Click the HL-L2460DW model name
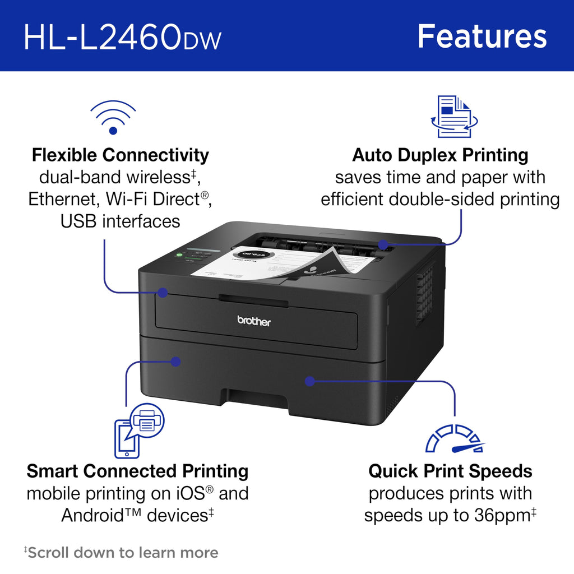pyautogui.click(x=122, y=37)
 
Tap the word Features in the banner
pyautogui.click(x=482, y=36)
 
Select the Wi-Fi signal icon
pyautogui.click(x=113, y=117)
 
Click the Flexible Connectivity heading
pyautogui.click(x=121, y=155)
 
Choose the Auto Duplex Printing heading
pyautogui.click(x=440, y=155)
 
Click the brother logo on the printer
pyautogui.click(x=254, y=321)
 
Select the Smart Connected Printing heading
pyautogui.click(x=137, y=471)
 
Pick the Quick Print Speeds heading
pyautogui.click(x=450, y=471)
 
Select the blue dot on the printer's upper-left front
pyautogui.click(x=163, y=292)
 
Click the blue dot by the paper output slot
pyautogui.click(x=383, y=244)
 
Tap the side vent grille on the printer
pyautogui.click(x=425, y=294)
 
